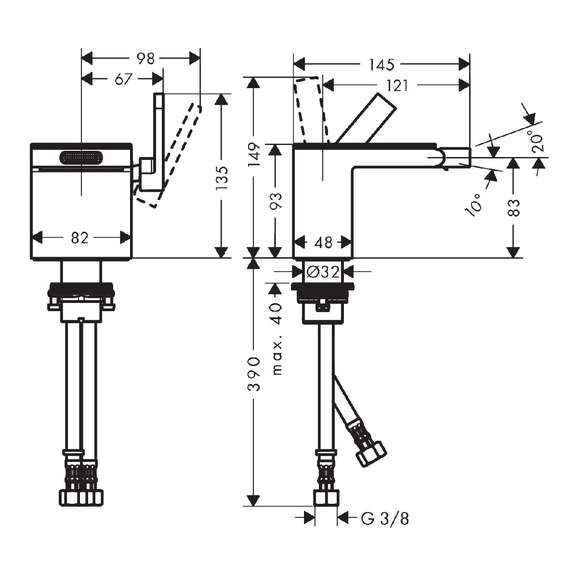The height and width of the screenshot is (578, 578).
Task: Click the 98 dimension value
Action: [x=145, y=59]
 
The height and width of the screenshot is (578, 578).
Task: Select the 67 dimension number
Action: [x=123, y=79]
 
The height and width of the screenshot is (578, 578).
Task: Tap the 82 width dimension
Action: [x=80, y=237]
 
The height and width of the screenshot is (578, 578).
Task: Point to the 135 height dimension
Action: [x=221, y=179]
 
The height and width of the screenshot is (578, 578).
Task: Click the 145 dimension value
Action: [x=381, y=64]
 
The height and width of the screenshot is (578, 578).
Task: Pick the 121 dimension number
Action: [x=397, y=86]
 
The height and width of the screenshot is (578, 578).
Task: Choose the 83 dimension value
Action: [x=514, y=207]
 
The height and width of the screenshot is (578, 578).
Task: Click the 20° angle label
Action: [x=538, y=141]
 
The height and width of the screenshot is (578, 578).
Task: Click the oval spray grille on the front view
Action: [x=81, y=158]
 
